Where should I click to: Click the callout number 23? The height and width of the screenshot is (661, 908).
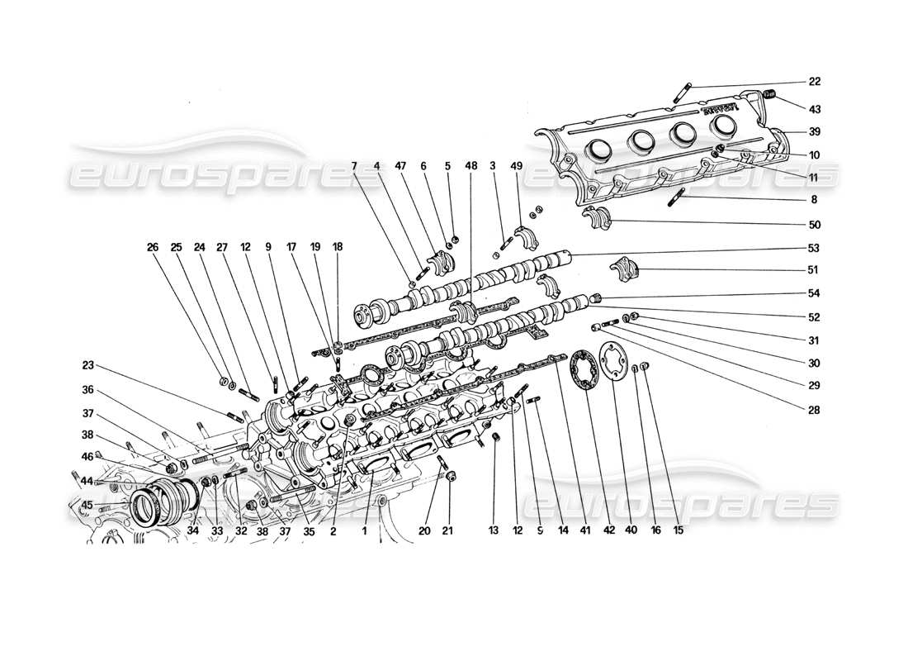click(x=88, y=364)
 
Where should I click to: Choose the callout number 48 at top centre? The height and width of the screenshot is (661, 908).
click(x=471, y=166)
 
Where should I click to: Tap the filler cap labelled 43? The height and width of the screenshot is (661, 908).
click(x=767, y=96)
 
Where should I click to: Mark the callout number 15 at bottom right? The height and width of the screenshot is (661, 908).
click(x=678, y=531)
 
